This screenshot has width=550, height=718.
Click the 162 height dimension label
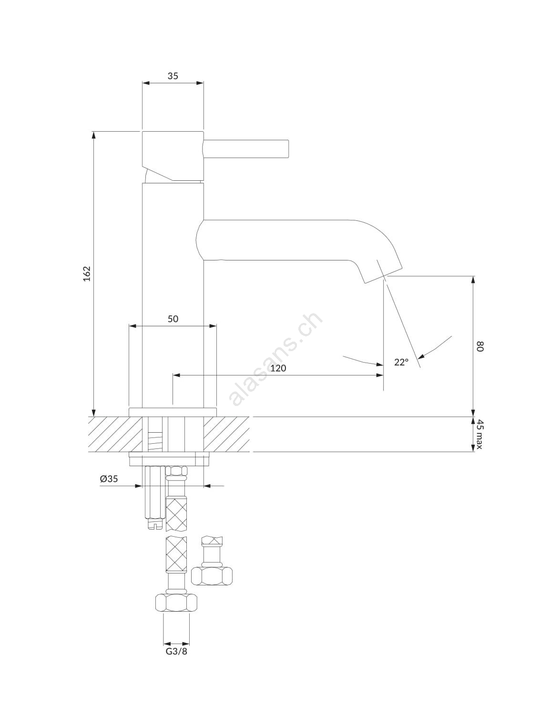87,273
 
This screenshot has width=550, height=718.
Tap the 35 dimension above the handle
173,76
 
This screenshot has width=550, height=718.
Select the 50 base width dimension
173,319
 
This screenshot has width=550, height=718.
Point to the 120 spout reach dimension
278,368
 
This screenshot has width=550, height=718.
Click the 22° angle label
401,362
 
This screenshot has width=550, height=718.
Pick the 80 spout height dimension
479,347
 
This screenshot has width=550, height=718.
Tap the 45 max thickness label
479,434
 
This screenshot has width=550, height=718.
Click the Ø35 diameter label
109,479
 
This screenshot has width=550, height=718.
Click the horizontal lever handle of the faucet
246,148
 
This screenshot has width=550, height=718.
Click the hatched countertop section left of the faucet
115,434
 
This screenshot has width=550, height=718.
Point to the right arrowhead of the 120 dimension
379,375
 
